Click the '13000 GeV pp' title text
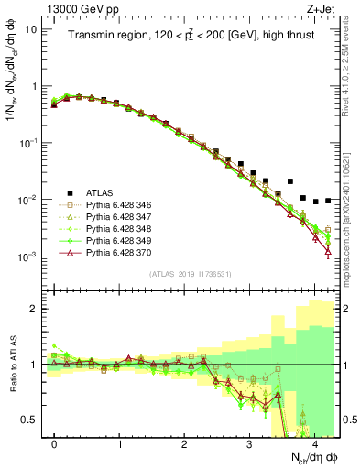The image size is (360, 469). pyautogui.click(x=78, y=8)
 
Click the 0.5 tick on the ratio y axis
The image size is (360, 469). pyautogui.click(x=30, y=420)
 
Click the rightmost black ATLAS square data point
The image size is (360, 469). pyautogui.click(x=328, y=200)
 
